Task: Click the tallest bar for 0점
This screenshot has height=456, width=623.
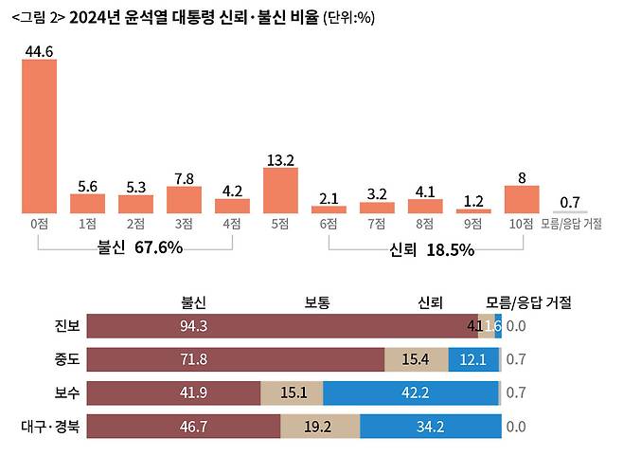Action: click(x=39, y=137)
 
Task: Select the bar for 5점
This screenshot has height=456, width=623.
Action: click(x=280, y=190)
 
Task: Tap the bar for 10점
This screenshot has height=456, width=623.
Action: click(x=522, y=198)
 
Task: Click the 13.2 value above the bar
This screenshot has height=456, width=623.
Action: click(x=280, y=159)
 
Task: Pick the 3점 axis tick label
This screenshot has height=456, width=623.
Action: click(x=184, y=224)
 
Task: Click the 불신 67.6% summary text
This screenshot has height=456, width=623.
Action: click(x=139, y=247)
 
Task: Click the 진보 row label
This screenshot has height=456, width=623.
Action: click(x=68, y=327)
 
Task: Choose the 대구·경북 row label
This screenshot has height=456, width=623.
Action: click(x=54, y=426)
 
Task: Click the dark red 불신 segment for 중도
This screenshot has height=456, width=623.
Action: click(x=237, y=360)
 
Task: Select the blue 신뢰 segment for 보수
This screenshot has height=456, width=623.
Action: click(x=411, y=393)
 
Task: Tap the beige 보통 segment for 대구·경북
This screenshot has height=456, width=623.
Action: click(x=320, y=427)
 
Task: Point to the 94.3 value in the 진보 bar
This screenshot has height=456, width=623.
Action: click(x=193, y=327)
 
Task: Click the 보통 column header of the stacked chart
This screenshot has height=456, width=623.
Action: click(x=317, y=302)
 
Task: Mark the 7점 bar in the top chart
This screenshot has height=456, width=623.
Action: click(x=377, y=207)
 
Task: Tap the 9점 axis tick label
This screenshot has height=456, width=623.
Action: click(x=473, y=224)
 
